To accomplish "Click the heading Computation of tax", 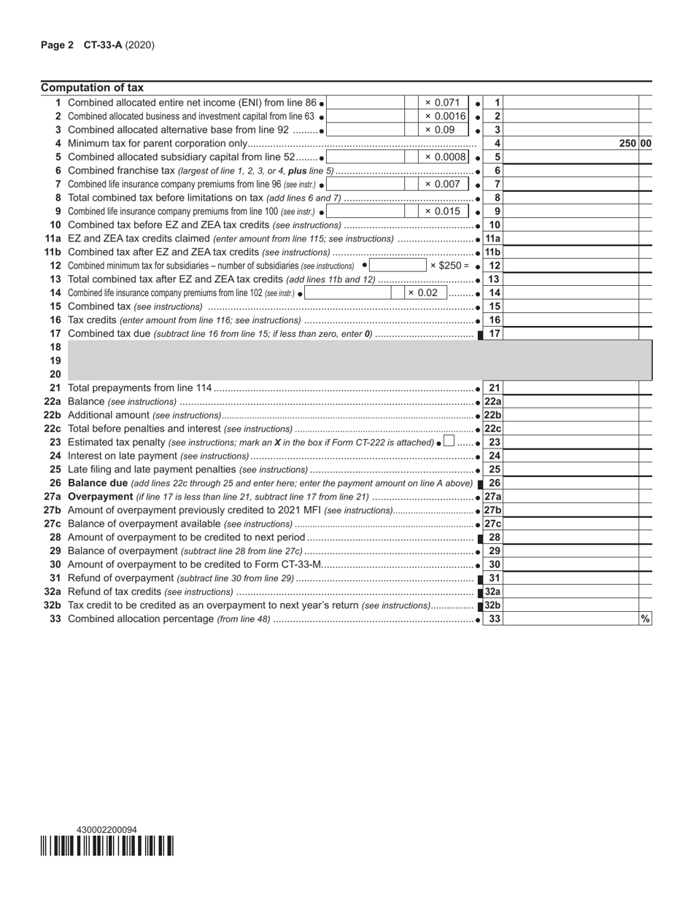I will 92,88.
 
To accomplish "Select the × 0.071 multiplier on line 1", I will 442,103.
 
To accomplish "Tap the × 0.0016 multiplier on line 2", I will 445,117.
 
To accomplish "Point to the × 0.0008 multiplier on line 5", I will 445,157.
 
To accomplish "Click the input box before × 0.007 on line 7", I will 364,185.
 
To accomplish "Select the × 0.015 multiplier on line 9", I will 442,211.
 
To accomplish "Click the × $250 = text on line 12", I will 449,265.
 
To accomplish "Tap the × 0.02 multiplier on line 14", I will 423,292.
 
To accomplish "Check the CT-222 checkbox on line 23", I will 449,441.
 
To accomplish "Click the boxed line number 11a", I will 493,238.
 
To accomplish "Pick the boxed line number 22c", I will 493,428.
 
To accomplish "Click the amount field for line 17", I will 571,333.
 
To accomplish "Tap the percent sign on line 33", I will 645,618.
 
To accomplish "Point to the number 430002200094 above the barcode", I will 107,830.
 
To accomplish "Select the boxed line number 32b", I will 493,605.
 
